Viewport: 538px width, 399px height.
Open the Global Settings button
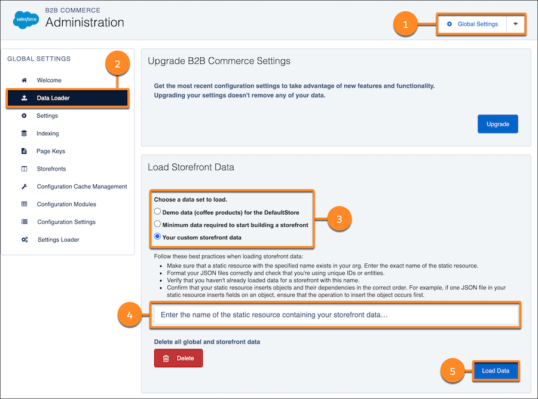(472, 24)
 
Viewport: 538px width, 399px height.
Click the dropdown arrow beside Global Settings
(516, 24)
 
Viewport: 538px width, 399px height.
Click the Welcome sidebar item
(49, 80)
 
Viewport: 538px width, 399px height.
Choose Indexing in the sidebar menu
(47, 133)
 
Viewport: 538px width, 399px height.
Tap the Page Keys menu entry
(51, 151)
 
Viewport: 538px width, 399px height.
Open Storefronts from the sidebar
(51, 169)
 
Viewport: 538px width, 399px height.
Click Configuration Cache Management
(82, 187)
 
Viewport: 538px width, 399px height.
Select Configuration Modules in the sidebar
(66, 204)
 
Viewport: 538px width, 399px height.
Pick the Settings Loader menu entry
(58, 240)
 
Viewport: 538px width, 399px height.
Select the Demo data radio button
(157, 212)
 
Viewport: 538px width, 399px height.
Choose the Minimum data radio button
(157, 224)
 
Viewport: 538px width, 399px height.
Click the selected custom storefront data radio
(157, 237)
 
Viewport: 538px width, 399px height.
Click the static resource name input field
(335, 315)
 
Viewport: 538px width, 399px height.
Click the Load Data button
(496, 371)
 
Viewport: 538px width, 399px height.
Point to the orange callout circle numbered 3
(339, 219)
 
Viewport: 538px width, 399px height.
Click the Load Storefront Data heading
(191, 167)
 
